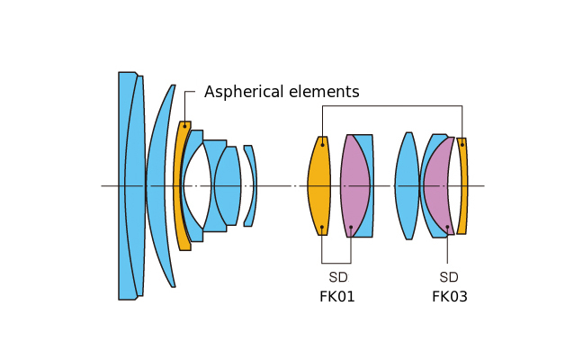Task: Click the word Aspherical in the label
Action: click(x=240, y=92)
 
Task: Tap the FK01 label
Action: click(x=337, y=296)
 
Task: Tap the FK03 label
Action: click(x=450, y=296)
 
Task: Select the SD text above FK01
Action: click(x=337, y=277)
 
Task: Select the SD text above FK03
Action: click(x=449, y=277)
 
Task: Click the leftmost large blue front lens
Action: click(x=127, y=185)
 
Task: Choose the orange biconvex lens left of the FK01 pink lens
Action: click(x=318, y=185)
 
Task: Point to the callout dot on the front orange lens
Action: click(x=184, y=126)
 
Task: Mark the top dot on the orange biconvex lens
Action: click(x=322, y=144)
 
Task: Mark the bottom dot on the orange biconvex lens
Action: click(x=322, y=228)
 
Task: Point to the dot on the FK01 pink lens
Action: click(x=351, y=228)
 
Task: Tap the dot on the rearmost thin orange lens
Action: click(x=462, y=144)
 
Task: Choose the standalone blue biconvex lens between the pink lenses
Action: click(x=407, y=185)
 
